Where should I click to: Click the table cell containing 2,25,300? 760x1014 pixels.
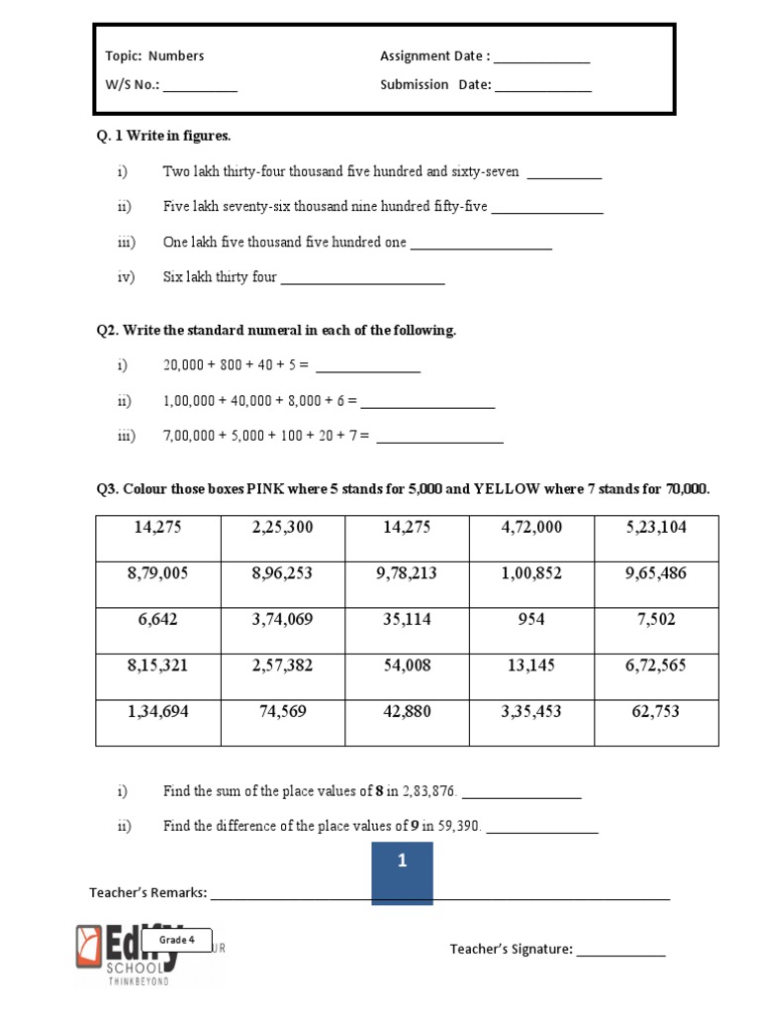(x=282, y=538)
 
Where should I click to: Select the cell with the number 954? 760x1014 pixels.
(x=530, y=630)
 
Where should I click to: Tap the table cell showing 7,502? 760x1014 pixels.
(x=656, y=630)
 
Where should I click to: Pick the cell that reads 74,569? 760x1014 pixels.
(x=282, y=722)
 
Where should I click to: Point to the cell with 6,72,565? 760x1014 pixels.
(x=656, y=676)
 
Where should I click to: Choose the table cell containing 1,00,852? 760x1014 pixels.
(x=530, y=584)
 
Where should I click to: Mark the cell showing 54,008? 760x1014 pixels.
(x=407, y=676)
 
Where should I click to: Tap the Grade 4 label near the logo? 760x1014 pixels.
(x=178, y=940)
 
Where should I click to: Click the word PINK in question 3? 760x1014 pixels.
(x=265, y=489)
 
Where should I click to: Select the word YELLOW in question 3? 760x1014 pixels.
(x=508, y=489)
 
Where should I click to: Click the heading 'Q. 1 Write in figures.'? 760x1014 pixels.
(x=163, y=136)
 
